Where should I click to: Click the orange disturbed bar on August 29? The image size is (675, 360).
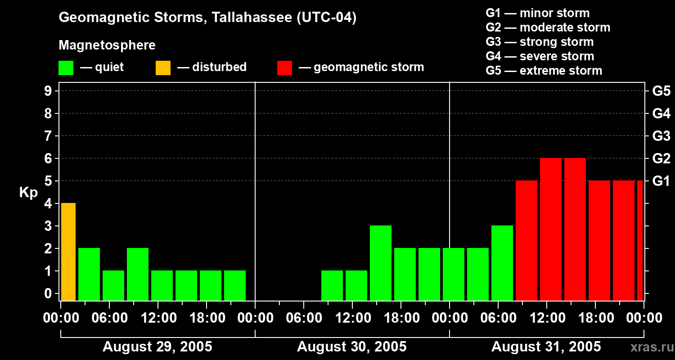[x=68, y=252]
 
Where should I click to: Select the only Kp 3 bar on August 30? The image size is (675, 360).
[x=381, y=263]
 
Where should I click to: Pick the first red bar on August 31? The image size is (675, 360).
[x=526, y=240]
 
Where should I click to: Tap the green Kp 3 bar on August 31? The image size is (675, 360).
[x=502, y=263]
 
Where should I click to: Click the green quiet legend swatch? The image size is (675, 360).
[x=66, y=68]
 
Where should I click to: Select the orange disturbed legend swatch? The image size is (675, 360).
[x=163, y=68]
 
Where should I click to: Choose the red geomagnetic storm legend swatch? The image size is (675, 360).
[x=285, y=68]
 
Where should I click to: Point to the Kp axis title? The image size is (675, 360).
[x=28, y=193]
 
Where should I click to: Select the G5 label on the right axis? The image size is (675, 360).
[x=661, y=91]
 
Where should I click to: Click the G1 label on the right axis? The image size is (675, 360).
[x=661, y=181]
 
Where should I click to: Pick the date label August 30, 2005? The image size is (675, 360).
[x=352, y=347]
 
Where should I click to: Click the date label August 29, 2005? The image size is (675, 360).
[x=157, y=347]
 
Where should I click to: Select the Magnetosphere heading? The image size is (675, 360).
[x=107, y=45]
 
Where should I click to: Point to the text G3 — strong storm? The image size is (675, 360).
[x=540, y=42]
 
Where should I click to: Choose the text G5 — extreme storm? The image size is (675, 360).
[x=544, y=71]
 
